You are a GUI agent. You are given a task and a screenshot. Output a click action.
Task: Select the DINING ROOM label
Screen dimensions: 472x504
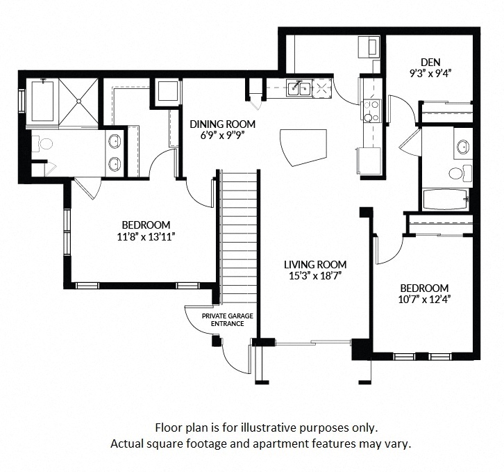coord(222,124)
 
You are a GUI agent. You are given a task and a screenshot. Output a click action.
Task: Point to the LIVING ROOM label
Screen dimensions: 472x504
coord(314,264)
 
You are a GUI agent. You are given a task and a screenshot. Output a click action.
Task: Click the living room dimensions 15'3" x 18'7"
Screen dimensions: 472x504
coord(314,276)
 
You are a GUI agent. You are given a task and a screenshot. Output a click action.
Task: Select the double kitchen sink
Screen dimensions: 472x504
coord(300,88)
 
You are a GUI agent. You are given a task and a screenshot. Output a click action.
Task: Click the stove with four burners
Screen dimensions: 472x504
coord(371,110)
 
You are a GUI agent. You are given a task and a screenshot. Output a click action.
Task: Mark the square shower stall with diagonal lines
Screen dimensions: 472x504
coord(79,101)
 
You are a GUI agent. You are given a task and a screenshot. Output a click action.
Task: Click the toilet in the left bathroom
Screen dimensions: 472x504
coord(45,145)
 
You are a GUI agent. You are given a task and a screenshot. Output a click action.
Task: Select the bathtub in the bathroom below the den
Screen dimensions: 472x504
coord(446,200)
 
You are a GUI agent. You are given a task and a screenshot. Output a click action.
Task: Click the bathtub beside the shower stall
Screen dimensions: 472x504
coord(41,101)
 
